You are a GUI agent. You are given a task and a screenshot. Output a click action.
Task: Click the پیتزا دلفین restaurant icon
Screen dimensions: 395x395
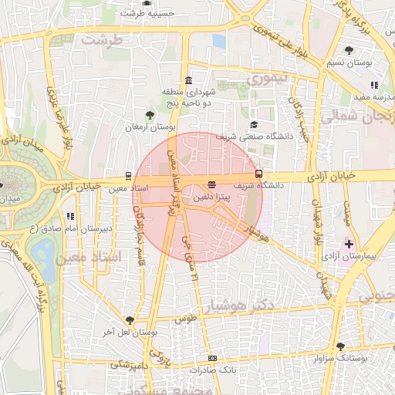[x=211, y=184]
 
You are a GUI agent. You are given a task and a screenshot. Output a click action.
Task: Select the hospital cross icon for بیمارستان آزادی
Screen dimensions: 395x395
[x=349, y=244]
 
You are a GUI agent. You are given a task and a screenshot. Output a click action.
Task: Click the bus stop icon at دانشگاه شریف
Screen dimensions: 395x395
[x=258, y=174]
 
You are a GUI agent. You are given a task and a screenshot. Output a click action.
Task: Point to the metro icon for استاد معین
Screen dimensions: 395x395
[x=128, y=176]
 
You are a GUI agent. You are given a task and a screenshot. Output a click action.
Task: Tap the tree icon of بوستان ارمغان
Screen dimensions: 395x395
[x=150, y=115]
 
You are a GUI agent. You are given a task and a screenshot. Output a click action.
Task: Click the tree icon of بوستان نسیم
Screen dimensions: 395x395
[x=350, y=50]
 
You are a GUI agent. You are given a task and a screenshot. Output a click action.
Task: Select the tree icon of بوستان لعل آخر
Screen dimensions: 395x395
[x=130, y=320]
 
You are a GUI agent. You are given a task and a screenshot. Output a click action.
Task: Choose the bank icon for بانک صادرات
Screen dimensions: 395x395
[x=212, y=359]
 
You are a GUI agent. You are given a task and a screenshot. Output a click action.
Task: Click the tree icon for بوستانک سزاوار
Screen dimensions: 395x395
[x=340, y=346]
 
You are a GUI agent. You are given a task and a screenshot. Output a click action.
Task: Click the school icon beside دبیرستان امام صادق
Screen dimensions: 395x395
[x=69, y=217]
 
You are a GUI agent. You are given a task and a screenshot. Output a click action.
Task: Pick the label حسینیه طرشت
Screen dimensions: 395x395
[x=147, y=13]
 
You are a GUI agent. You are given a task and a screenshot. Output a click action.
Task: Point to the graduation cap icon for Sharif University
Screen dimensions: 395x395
[x=253, y=125]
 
